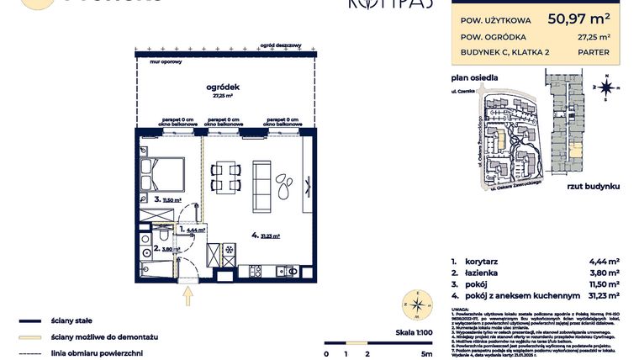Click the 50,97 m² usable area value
point(578,16)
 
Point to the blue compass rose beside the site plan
point(607,86)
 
